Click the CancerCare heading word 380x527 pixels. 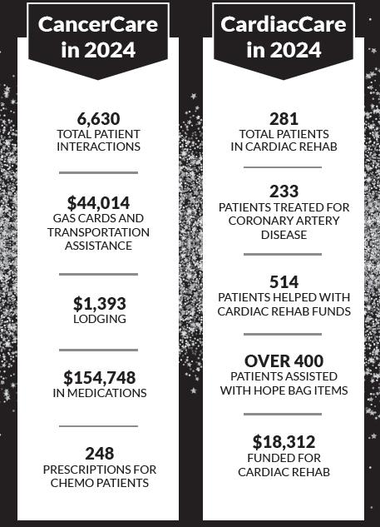(x=98, y=23)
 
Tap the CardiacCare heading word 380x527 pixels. (x=283, y=23)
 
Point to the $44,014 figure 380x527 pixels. (x=98, y=202)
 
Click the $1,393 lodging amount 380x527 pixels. (x=98, y=303)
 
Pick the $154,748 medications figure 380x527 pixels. (x=98, y=378)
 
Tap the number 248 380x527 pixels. (x=98, y=454)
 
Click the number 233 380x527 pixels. (x=283, y=191)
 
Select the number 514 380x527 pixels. (x=283, y=281)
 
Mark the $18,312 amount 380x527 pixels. (x=283, y=442)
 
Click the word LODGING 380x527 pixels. (x=98, y=319)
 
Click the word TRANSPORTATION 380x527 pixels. (x=98, y=233)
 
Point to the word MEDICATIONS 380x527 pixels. (x=109, y=393)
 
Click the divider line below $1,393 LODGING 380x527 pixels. (x=98, y=350)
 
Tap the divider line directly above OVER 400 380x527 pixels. (x=283, y=334)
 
